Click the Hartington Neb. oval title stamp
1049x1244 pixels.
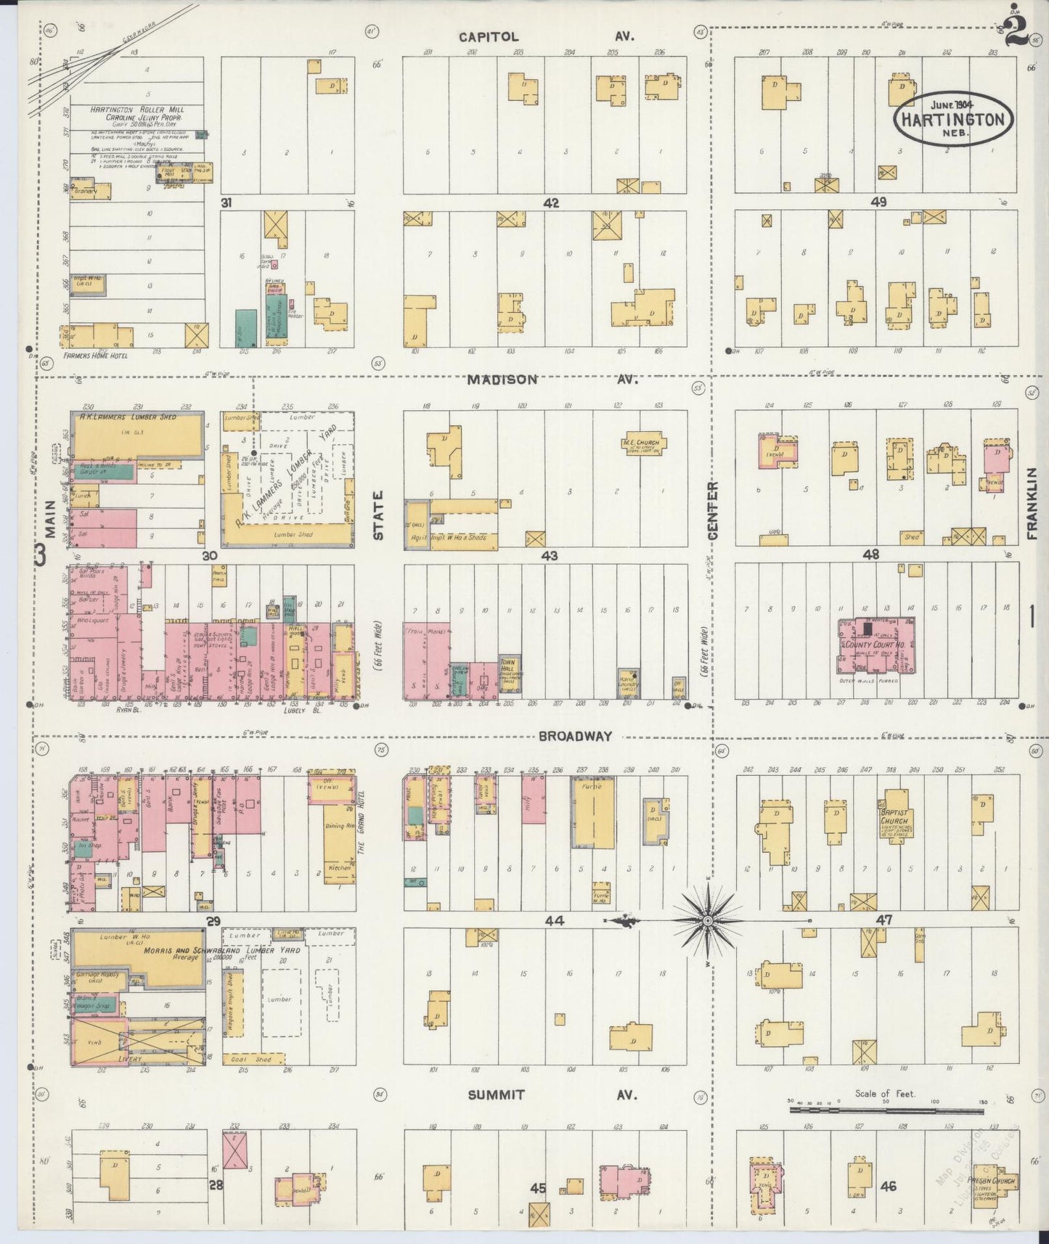point(952,118)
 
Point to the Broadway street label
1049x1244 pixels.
point(575,735)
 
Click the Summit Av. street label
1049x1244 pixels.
point(552,1094)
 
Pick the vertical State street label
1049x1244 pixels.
point(378,515)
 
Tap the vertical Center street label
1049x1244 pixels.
point(712,511)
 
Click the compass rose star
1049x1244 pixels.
point(707,920)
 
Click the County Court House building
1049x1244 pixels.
point(876,644)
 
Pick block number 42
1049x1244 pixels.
point(551,203)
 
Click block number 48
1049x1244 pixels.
point(870,555)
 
